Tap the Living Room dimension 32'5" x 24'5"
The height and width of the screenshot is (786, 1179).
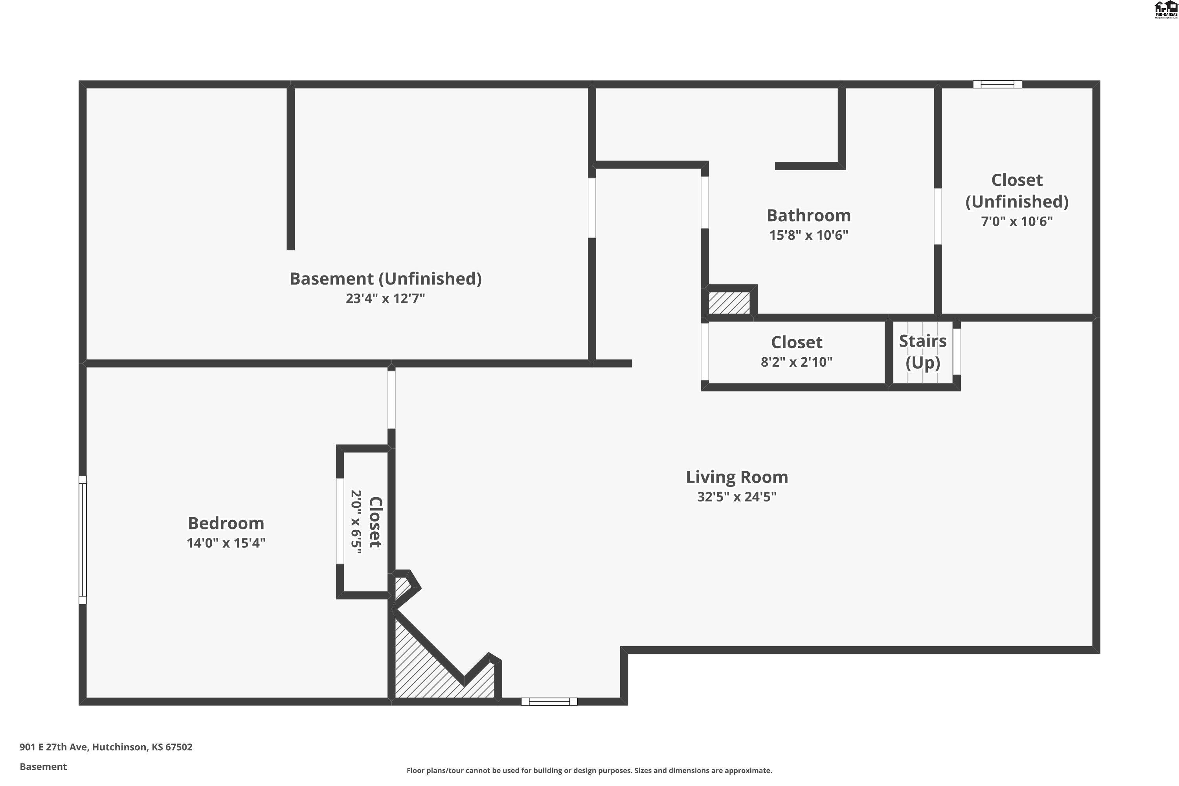(736, 497)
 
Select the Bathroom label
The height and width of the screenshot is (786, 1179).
(808, 215)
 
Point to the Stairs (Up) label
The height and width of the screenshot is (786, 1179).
(922, 351)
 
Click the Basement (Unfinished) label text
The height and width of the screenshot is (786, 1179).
(385, 279)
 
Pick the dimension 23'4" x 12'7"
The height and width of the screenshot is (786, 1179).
(385, 299)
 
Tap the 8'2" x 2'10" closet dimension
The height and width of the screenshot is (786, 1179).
(796, 362)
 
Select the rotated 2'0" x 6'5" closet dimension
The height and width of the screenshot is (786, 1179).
(356, 522)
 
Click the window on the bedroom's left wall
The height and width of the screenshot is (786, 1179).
(83, 540)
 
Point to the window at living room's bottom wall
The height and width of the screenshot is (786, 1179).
(549, 701)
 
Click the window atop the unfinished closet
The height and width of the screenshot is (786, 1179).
(997, 84)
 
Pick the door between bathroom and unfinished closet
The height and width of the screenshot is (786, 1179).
(937, 216)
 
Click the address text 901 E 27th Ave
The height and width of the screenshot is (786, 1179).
(106, 747)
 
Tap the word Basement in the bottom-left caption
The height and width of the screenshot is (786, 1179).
(43, 766)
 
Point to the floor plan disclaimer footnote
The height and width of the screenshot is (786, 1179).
(589, 770)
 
